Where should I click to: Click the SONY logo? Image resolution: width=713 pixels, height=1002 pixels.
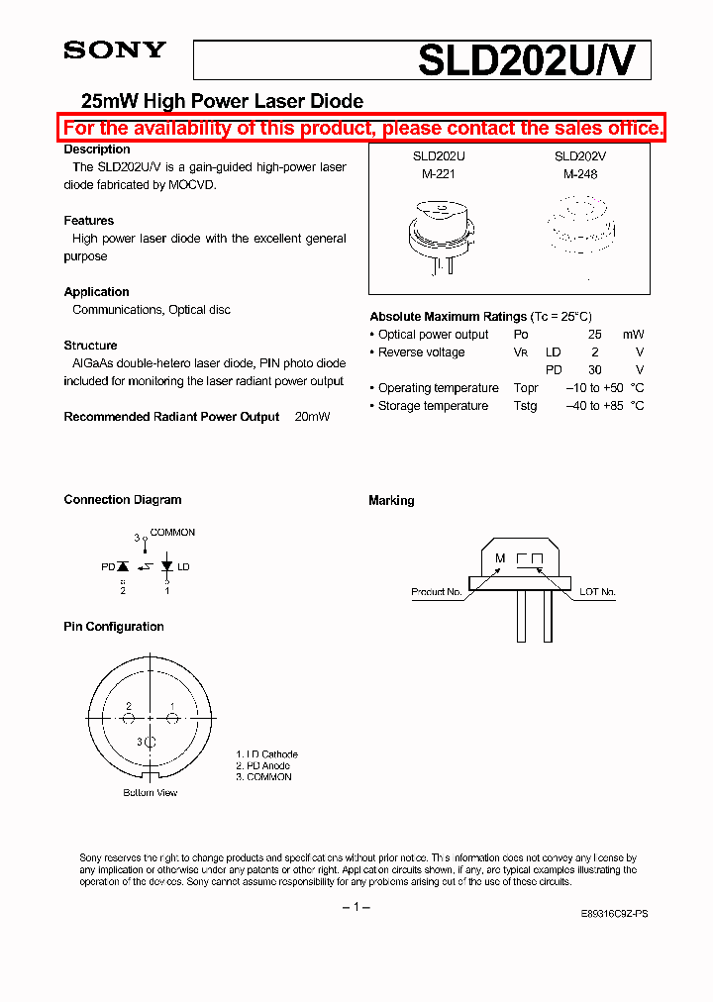[x=115, y=50]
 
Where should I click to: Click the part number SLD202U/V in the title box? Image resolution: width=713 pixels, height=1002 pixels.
[x=533, y=60]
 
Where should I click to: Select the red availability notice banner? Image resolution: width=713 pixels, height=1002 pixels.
[x=362, y=128]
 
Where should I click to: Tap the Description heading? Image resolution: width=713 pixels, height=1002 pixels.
[x=97, y=150]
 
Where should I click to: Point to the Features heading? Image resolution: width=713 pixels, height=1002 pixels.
[x=89, y=221]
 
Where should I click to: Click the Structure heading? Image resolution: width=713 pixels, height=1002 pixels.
[x=91, y=346]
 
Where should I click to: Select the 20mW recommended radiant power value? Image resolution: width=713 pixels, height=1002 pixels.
[x=312, y=417]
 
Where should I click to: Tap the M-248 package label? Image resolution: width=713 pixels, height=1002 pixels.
[x=580, y=174]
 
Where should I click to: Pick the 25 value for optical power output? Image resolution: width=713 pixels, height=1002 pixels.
[x=595, y=335]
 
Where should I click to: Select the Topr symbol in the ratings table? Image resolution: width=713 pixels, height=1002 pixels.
[x=526, y=388]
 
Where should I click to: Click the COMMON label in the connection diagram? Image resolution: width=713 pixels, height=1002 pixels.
[x=172, y=533]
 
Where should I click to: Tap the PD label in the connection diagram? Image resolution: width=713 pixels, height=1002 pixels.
[x=108, y=567]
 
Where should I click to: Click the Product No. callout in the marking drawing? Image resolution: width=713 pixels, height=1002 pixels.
[x=437, y=592]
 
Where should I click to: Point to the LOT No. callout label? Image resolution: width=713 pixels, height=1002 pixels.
[x=597, y=592]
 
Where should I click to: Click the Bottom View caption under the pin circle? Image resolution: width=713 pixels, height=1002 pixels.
[x=151, y=793]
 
